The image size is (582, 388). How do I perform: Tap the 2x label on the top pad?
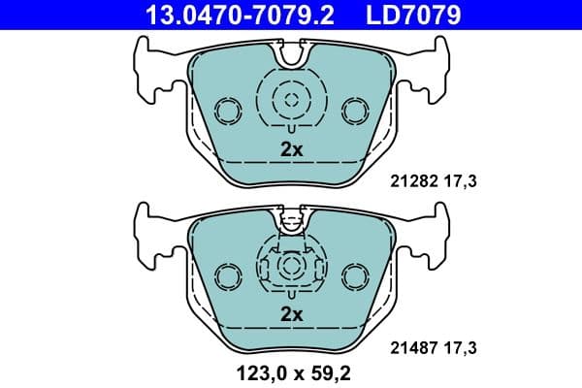click(292, 149)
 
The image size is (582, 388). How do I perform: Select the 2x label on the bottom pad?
click(292, 314)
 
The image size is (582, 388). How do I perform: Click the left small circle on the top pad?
click(229, 112)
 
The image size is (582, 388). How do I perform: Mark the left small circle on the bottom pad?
click(229, 276)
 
